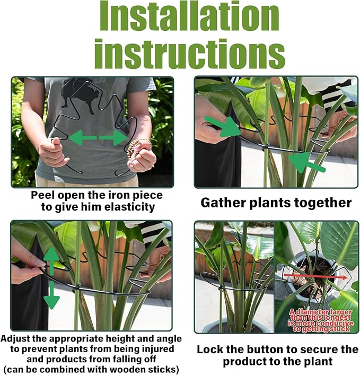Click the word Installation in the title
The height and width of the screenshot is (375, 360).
point(190,19)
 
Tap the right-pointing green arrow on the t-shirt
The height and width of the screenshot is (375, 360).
point(113,138)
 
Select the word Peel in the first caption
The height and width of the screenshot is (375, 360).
point(42,195)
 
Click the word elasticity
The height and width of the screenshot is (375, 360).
point(132,207)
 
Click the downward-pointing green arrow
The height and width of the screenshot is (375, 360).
point(51,298)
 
